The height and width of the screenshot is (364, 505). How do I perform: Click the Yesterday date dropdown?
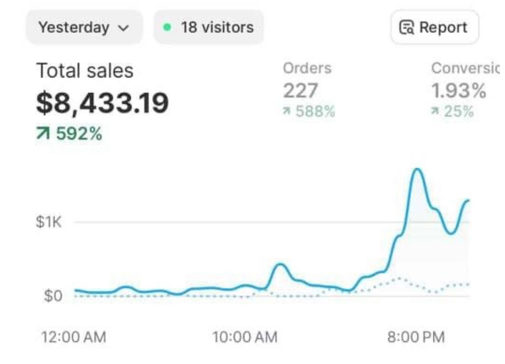coord(84,28)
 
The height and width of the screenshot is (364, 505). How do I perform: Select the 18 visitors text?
coord(217,28)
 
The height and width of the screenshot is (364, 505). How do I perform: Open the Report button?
coord(434,28)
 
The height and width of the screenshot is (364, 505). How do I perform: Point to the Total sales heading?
coord(85,70)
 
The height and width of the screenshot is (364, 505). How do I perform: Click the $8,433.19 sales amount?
coord(102,103)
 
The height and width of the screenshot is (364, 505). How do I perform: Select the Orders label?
coord(307,68)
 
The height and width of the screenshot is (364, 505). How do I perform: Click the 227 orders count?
coord(300,91)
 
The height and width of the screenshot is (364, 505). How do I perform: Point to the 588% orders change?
coord(314,112)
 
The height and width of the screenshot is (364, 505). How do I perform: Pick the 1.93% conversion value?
coord(458,91)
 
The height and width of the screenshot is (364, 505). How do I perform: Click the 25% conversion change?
coord(458,112)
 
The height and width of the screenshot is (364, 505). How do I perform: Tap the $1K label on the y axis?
coord(49,223)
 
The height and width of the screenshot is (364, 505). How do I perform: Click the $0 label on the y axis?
coord(53,297)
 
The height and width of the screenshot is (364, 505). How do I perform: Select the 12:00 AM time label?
coord(73,337)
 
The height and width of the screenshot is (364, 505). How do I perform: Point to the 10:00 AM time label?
coord(245,337)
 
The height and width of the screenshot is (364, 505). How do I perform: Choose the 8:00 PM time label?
coord(416,337)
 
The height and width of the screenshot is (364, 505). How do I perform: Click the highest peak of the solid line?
coord(417,169)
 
